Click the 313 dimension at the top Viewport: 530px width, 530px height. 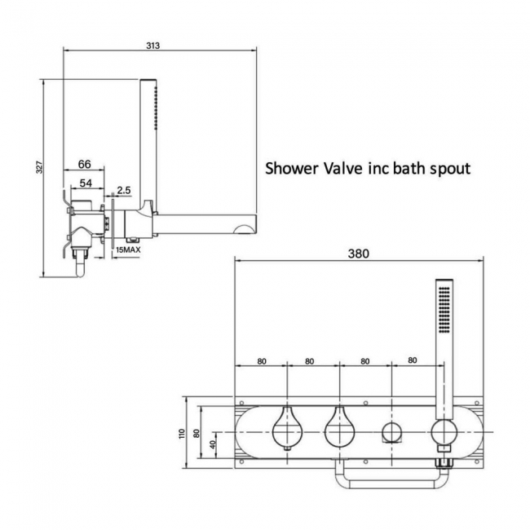pos(152,45)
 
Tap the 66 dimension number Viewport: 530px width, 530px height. pos(84,164)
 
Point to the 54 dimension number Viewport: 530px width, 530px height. pos(86,183)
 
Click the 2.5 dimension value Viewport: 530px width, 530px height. pos(124,190)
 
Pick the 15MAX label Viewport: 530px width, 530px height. pos(130,250)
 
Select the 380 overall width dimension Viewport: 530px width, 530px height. pos(358,253)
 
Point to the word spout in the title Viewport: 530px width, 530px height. pos(449,170)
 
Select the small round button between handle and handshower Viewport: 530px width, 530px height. pos(391,432)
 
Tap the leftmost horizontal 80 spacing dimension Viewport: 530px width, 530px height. pos(261,360)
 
